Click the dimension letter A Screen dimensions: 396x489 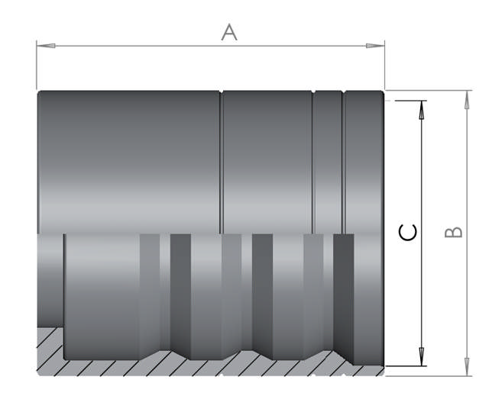(x=228, y=32)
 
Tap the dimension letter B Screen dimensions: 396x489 (x=454, y=231)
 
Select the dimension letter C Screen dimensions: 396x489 (x=408, y=232)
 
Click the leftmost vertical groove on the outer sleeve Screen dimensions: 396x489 (x=222, y=160)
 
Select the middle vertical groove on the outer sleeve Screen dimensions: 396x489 (x=313, y=160)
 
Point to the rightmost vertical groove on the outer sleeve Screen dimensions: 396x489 (x=343, y=160)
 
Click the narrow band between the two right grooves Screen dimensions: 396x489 (x=329, y=160)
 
